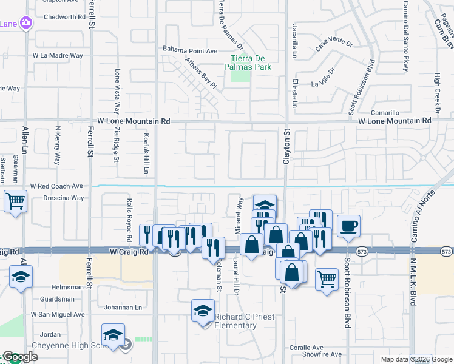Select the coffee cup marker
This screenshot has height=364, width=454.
coord(348,226)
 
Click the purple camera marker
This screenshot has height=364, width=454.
coord(26,23)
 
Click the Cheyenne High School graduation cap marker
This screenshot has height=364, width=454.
coord(113,335)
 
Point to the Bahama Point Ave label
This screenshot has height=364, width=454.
coord(190,50)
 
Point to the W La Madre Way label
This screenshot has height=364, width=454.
coord(58,55)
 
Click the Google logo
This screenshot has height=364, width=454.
coord(19,357)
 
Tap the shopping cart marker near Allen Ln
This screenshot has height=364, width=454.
coord(15,201)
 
